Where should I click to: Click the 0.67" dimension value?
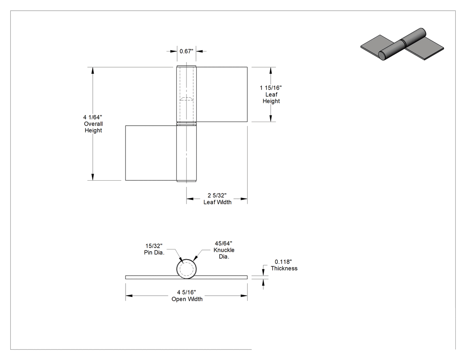(186, 51)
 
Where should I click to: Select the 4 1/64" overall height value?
(93, 118)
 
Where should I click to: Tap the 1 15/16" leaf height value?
(271, 88)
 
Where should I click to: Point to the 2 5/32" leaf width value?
(217, 195)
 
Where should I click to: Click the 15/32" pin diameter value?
(154, 246)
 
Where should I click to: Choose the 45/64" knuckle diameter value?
(224, 243)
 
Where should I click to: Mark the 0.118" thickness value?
(283, 262)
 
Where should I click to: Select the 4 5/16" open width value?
(187, 293)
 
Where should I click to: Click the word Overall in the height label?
(93, 124)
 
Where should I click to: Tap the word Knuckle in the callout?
(224, 250)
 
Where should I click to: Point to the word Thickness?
(284, 269)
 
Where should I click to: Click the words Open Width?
(187, 299)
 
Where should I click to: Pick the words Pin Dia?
(154, 253)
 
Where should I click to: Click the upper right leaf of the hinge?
(222, 94)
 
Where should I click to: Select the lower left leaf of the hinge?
(151, 153)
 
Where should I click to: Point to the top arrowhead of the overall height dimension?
(93, 71)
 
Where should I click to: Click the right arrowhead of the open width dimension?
(244, 296)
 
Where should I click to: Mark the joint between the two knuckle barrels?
(186, 124)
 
